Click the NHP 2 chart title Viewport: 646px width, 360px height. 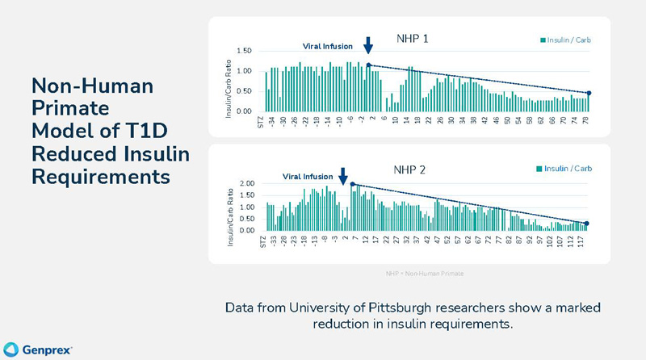pyautogui.click(x=409, y=170)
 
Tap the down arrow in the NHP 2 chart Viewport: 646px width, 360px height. pyautogui.click(x=343, y=175)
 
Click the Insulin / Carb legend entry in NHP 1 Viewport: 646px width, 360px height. pyautogui.click(x=566, y=40)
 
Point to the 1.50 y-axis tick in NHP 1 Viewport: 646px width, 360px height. pyautogui.click(x=244, y=51)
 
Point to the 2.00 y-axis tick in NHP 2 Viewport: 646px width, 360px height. pyautogui.click(x=245, y=184)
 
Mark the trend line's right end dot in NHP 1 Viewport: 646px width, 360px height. pyautogui.click(x=589, y=94)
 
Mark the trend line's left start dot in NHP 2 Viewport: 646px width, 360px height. pyautogui.click(x=353, y=184)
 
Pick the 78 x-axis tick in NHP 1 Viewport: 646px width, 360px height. pyautogui.click(x=585, y=122)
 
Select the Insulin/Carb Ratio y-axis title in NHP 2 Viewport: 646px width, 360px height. pyautogui.click(x=229, y=212)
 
